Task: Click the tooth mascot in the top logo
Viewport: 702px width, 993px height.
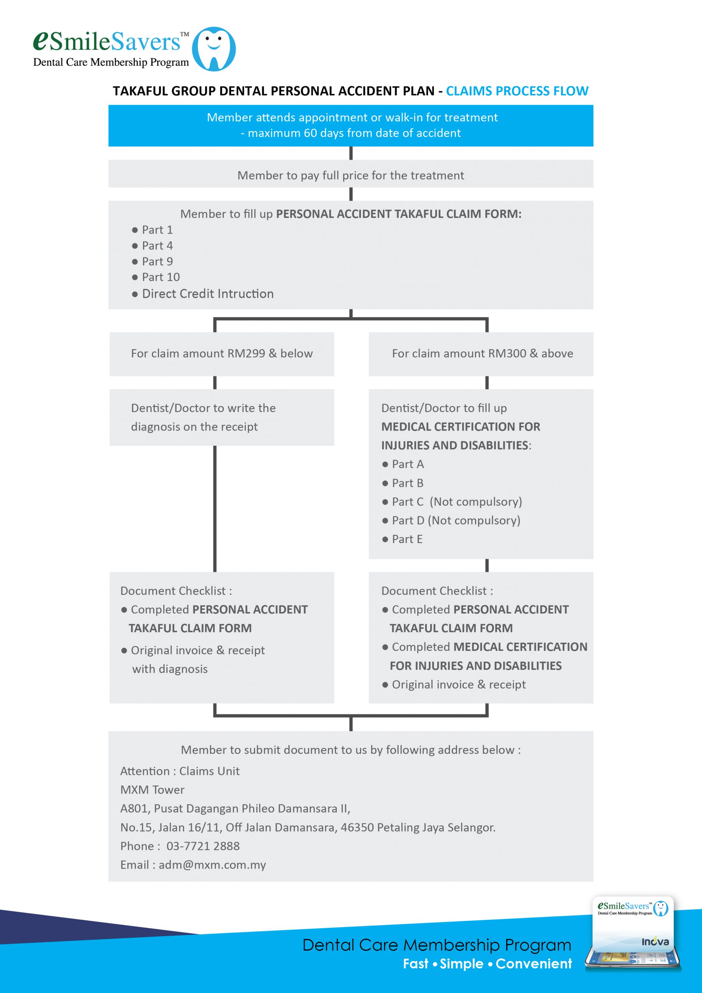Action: click(x=214, y=49)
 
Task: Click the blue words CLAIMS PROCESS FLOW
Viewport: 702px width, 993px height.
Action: click(x=517, y=91)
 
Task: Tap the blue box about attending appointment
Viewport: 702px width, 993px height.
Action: click(x=350, y=125)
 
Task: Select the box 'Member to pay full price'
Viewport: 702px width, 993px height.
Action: click(x=350, y=174)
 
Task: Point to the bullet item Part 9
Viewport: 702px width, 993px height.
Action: click(x=152, y=261)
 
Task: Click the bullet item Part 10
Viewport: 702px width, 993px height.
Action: click(x=155, y=277)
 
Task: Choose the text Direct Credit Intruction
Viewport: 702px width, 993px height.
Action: click(x=207, y=294)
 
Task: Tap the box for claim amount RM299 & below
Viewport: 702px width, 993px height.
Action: click(x=222, y=354)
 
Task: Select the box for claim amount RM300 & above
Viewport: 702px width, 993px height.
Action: click(x=481, y=354)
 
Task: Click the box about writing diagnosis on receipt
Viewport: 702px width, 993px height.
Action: click(x=222, y=417)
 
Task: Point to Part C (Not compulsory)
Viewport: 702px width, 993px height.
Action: click(x=452, y=502)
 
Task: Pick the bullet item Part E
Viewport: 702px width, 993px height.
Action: click(x=402, y=539)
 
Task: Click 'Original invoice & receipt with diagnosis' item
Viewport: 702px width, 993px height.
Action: click(x=193, y=659)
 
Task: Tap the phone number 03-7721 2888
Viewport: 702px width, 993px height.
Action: click(x=203, y=846)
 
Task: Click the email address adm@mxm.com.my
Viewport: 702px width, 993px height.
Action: click(x=212, y=865)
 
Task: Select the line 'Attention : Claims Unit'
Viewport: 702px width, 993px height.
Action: click(x=180, y=771)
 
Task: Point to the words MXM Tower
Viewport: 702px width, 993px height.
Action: click(x=152, y=790)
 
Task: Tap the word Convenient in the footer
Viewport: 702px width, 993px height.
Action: click(x=534, y=964)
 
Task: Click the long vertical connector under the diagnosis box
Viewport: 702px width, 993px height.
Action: click(x=215, y=509)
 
